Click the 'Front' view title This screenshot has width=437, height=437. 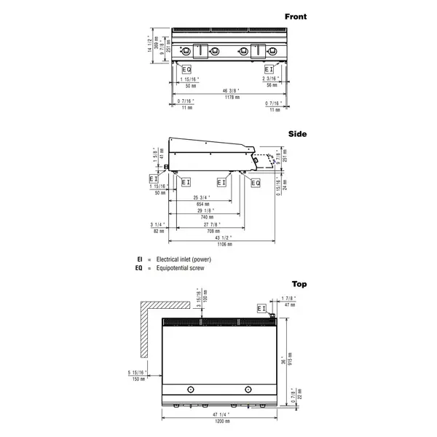pyautogui.click(x=296, y=16)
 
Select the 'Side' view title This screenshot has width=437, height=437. pyautogui.click(x=298, y=134)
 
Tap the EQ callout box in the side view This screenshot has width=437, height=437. pyautogui.click(x=256, y=182)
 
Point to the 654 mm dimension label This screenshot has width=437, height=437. pyautogui.click(x=202, y=204)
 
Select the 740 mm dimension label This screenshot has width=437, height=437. pyautogui.click(x=206, y=217)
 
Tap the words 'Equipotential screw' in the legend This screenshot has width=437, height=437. pyautogui.click(x=177, y=268)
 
